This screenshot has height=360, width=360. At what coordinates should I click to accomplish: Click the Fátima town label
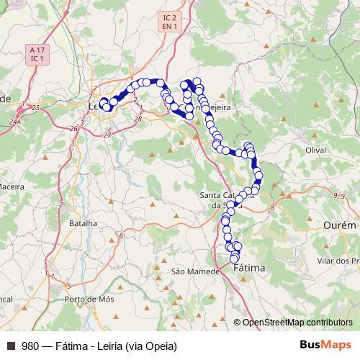click(250, 268)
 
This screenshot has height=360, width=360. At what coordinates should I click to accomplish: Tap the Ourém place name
click(341, 225)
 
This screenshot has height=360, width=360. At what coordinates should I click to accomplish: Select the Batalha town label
click(82, 223)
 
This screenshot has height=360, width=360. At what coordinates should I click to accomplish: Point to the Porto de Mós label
click(85, 298)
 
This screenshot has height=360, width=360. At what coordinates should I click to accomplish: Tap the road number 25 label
click(35, 107)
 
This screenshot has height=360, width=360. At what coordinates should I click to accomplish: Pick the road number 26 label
click(74, 128)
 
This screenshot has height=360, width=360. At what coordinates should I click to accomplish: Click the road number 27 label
click(107, 135)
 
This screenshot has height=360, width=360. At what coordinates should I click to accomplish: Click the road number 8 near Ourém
click(273, 207)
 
